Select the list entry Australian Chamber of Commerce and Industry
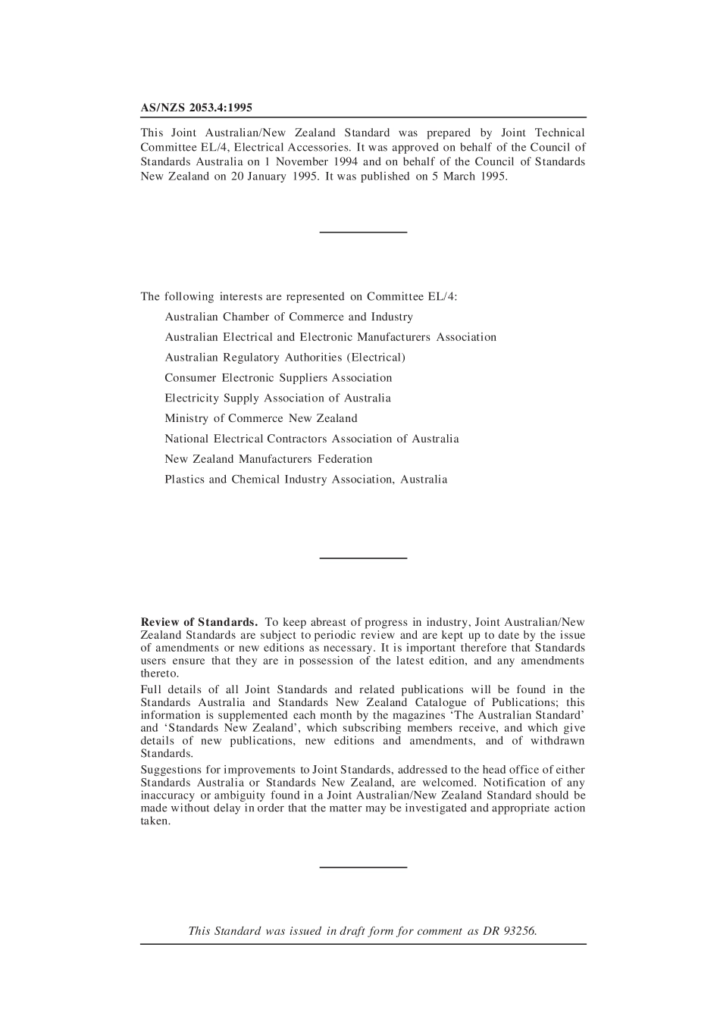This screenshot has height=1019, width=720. (289, 317)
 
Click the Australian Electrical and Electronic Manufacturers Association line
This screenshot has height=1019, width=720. (330, 337)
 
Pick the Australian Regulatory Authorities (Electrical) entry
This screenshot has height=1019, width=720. (285, 358)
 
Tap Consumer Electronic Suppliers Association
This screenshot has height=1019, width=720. (278, 378)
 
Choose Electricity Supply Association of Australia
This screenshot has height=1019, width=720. (277, 399)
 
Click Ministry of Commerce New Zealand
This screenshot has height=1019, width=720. (261, 418)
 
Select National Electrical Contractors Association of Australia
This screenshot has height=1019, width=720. (311, 439)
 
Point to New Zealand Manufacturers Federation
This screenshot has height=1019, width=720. (268, 459)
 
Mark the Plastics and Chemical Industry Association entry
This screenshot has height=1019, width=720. (305, 480)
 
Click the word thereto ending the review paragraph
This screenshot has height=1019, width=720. (159, 674)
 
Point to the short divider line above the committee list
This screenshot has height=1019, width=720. (363, 231)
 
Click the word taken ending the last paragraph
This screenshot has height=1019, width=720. (155, 821)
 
